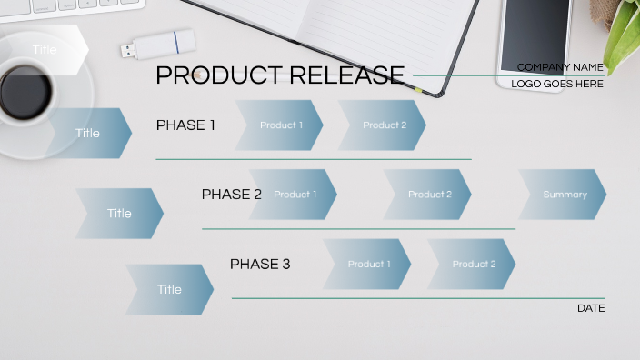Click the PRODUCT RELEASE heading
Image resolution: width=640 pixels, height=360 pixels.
[x=280, y=75]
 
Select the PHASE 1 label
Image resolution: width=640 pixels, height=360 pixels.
[x=185, y=125]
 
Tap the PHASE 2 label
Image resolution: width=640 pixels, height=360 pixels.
[x=231, y=195]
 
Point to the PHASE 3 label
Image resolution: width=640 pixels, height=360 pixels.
[x=260, y=265]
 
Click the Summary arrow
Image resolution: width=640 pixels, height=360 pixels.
[x=564, y=195]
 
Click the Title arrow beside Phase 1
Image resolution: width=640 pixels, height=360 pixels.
[x=89, y=134]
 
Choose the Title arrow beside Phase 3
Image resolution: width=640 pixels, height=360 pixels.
[x=170, y=290]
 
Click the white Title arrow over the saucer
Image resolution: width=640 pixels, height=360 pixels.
[x=45, y=50]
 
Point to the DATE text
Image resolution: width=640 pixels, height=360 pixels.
[x=591, y=309]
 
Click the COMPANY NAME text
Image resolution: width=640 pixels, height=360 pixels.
[x=560, y=67]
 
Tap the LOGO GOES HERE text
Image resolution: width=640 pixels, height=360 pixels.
[x=557, y=84]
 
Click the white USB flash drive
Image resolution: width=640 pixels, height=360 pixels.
[x=157, y=43]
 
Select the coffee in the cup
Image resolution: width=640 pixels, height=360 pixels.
[x=25, y=92]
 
